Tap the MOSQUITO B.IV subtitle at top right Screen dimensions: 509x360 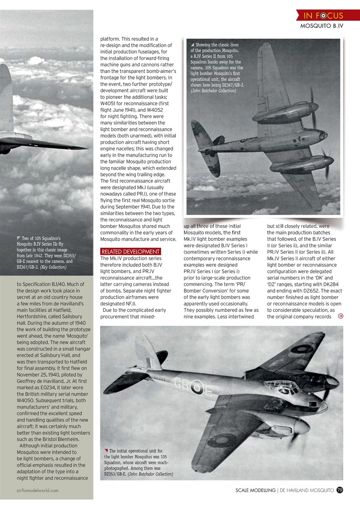point(321,26)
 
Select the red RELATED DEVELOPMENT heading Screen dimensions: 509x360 point(130,252)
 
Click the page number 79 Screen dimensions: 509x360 point(339,490)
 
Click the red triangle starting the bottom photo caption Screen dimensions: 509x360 point(106,451)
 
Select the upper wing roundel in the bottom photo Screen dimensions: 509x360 point(302,349)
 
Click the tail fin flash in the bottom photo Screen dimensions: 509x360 point(148,362)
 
